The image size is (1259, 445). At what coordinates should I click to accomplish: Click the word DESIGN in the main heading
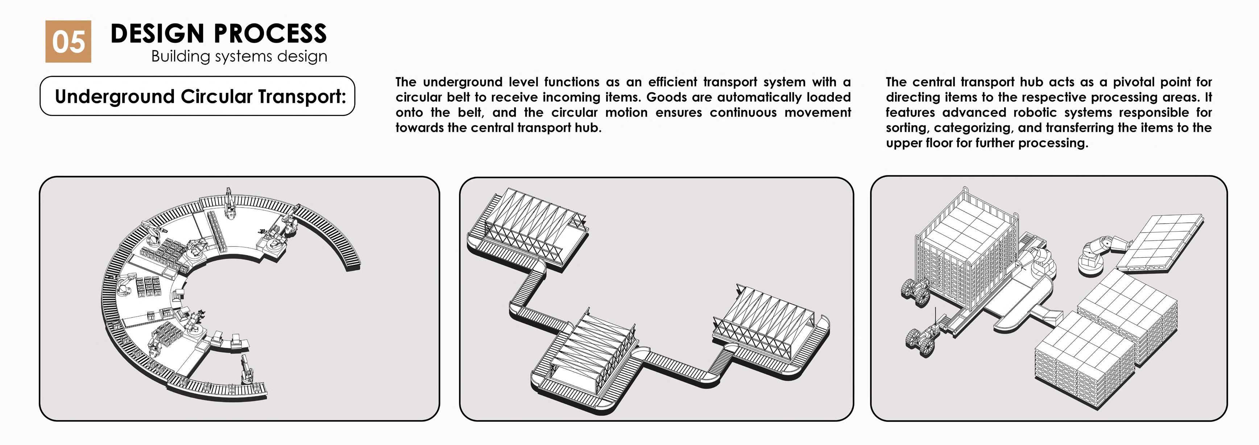157,34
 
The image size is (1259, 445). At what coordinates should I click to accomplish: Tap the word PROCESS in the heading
270,34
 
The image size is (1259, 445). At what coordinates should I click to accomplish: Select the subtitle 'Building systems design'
239,56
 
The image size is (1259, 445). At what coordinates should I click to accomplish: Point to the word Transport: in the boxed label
302,96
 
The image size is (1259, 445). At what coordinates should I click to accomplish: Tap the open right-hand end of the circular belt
353,264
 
